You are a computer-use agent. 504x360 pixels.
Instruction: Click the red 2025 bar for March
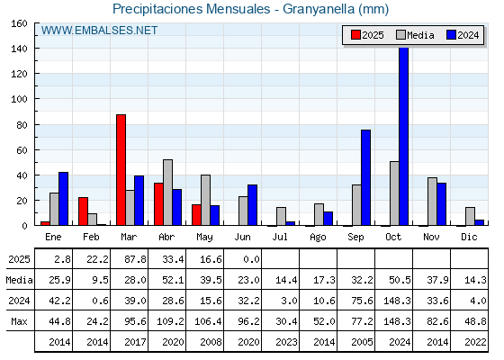(x=121, y=170)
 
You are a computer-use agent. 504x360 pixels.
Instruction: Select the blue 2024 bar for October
(x=404, y=136)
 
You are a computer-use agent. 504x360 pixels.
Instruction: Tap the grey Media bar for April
(x=167, y=193)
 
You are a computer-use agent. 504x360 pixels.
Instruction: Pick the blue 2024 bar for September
(x=365, y=177)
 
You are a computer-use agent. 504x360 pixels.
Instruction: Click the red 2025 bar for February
(x=83, y=211)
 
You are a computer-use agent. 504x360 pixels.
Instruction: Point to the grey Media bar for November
(x=432, y=202)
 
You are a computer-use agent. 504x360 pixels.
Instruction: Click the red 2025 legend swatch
(x=355, y=35)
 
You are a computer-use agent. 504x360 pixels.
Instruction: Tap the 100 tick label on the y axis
(x=19, y=99)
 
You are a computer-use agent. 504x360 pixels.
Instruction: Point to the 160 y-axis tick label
(x=19, y=23)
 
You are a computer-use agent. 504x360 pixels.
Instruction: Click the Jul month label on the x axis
(x=280, y=237)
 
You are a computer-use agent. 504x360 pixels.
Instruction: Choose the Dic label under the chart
(x=469, y=237)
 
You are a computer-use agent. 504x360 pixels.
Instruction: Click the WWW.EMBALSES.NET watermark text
(x=99, y=31)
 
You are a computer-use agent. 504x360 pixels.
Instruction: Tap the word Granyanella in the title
(x=319, y=9)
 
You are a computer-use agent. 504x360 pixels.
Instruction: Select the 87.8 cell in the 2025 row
(x=135, y=259)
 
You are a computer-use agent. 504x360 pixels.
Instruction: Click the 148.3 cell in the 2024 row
(x=397, y=301)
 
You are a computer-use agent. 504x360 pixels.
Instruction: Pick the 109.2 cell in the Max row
(x=170, y=321)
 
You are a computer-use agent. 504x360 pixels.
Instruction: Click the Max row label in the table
(x=19, y=321)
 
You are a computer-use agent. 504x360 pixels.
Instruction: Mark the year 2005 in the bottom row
(x=362, y=342)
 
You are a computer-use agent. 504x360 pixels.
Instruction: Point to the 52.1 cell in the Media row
(x=173, y=280)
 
